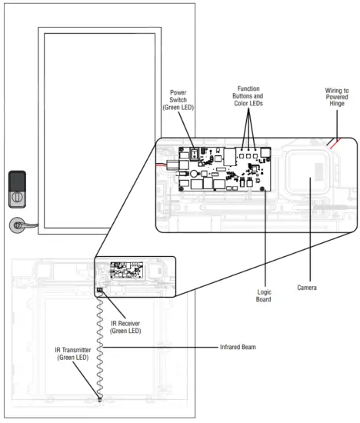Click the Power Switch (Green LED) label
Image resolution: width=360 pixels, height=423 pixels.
click(178, 100)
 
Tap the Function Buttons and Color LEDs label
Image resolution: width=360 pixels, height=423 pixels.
click(248, 96)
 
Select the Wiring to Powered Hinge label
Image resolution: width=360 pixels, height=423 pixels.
click(337, 97)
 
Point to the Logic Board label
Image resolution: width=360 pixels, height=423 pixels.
click(264, 295)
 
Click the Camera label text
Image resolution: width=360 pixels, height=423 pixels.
click(307, 288)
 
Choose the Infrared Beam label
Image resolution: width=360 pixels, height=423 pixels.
click(238, 347)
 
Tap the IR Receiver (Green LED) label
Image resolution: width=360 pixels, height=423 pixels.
click(125, 327)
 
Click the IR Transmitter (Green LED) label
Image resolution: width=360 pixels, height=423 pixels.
click(73, 354)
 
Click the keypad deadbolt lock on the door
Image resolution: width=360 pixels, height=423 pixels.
click(17, 189)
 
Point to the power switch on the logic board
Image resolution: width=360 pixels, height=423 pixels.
click(195, 154)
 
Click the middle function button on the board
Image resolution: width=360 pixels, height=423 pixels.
click(248, 156)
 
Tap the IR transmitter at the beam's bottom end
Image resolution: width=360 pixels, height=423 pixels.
click(100, 399)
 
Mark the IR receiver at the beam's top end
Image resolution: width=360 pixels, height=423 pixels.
click(100, 290)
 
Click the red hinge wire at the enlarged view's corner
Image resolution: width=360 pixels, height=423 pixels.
click(335, 144)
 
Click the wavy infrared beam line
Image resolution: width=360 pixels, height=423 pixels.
click(100, 345)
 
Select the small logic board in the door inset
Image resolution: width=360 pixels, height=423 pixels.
click(127, 270)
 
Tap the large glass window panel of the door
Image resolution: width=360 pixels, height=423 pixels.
click(99, 131)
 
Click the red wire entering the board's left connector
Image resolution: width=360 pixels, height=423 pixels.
click(162, 165)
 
